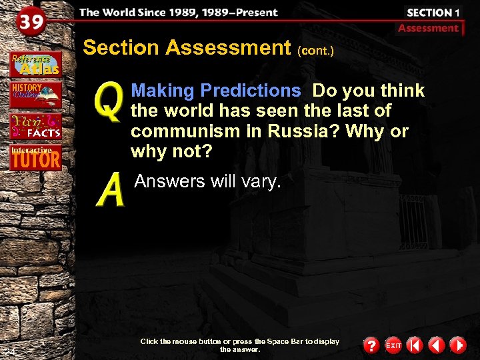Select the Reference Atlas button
35,64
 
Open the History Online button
35,95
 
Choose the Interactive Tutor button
35,158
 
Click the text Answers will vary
207,181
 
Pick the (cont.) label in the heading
315,50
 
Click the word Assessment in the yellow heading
227,48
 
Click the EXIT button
393,345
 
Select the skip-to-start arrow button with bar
414,345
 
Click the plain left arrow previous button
436,345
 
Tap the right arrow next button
457,345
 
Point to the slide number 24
9,351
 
